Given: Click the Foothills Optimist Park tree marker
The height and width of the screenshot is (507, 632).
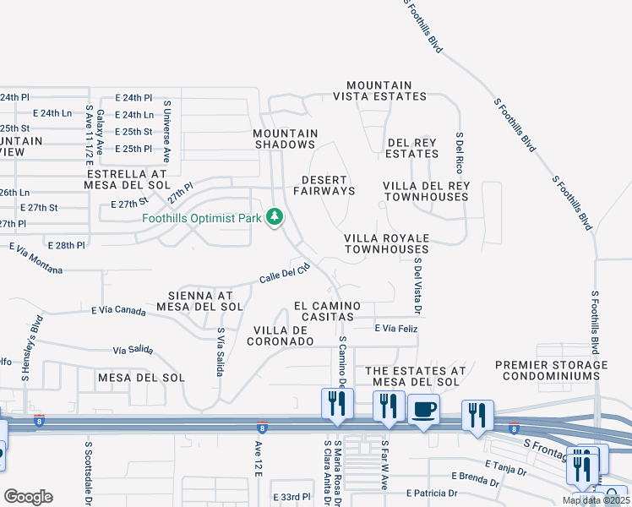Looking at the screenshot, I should [x=275, y=218].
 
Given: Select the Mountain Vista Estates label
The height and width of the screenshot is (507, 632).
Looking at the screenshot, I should [x=386, y=91].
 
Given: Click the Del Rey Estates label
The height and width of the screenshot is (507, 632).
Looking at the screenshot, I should [x=412, y=148].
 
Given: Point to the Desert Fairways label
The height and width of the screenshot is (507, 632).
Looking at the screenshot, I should [x=324, y=185].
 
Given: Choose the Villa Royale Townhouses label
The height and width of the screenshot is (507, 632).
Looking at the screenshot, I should [x=386, y=243].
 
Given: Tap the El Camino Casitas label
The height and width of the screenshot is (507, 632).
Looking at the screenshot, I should [x=327, y=311].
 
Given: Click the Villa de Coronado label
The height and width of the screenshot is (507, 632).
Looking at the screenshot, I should [x=281, y=335].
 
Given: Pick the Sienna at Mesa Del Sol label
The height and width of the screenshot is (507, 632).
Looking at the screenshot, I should [x=200, y=300].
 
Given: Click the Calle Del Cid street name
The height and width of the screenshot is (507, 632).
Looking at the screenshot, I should [x=285, y=274].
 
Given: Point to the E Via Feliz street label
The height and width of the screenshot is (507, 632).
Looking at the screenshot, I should [x=396, y=327].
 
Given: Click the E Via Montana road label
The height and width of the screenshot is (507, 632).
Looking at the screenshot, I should [x=36, y=259].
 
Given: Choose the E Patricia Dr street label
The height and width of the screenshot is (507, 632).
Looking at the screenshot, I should [x=432, y=493].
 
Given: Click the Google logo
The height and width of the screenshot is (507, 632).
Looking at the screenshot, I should [x=28, y=497].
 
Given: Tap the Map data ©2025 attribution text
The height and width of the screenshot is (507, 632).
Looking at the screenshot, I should [x=596, y=500].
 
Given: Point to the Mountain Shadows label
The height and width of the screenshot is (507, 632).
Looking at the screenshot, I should [x=286, y=139].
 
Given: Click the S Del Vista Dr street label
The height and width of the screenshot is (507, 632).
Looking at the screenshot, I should [x=417, y=283].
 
